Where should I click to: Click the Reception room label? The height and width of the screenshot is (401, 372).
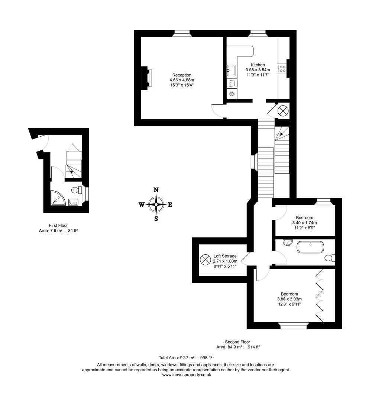tap(182, 75)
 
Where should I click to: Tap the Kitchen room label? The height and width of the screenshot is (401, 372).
tap(258, 65)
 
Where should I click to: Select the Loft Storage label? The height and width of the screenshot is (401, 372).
tap(225, 256)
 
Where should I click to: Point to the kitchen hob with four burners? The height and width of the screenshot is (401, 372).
tap(282, 69)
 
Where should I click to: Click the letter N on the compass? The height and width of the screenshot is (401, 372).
tap(156, 190)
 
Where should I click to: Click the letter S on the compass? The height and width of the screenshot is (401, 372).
tap(156, 219)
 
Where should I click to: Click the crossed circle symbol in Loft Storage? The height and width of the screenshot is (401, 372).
tap(205, 259)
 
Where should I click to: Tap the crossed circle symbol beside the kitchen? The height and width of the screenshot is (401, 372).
tap(283, 110)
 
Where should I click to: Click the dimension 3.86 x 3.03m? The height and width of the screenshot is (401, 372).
tap(289, 299)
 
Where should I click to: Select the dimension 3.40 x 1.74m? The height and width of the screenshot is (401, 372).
tap(304, 223)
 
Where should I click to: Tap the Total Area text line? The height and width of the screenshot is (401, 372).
tap(185, 358)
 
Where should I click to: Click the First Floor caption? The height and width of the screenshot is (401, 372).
tap(58, 225)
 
